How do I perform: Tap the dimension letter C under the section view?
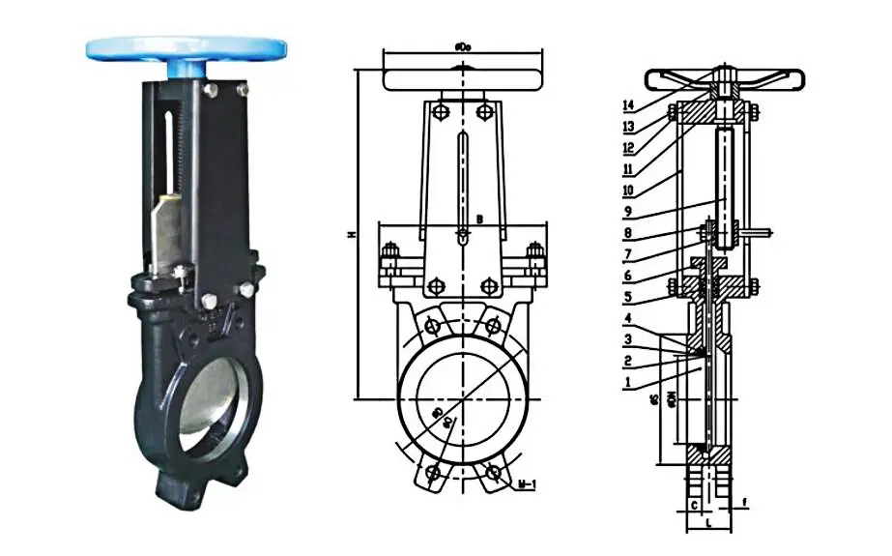(694, 505)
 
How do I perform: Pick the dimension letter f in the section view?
(745, 503)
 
